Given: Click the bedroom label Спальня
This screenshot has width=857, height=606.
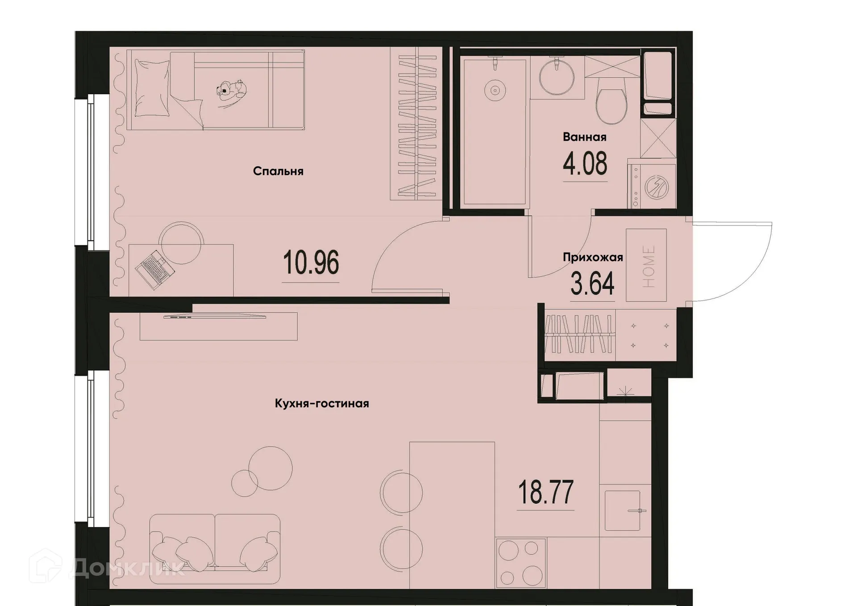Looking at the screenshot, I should pos(278,171).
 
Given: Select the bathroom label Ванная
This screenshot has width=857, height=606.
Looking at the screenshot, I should pos(584,137).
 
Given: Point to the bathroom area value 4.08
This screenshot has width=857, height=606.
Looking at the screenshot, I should pos(585,164).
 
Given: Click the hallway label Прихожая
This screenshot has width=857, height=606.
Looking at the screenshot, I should pos(592,257).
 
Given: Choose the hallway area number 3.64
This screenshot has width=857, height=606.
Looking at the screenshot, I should pos(592,284).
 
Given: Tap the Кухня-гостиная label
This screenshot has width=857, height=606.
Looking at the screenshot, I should pos(322,404).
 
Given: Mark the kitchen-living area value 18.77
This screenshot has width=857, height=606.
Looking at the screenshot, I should pos(545,492).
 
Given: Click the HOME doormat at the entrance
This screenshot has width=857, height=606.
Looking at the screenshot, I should pos(646,265).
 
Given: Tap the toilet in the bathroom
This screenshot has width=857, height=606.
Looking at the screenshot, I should pos(612,105).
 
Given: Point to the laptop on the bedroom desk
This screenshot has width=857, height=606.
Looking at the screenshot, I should pos(154,270).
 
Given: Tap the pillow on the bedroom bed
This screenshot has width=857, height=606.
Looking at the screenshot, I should pos(152,88).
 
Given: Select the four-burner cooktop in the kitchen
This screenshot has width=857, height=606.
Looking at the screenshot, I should pos(520,563).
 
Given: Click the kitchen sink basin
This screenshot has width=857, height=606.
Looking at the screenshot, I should pos(622,510).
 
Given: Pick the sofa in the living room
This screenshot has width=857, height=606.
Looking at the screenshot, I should pos(215,548).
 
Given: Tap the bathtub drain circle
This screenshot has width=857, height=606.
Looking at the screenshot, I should pos(495,90).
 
